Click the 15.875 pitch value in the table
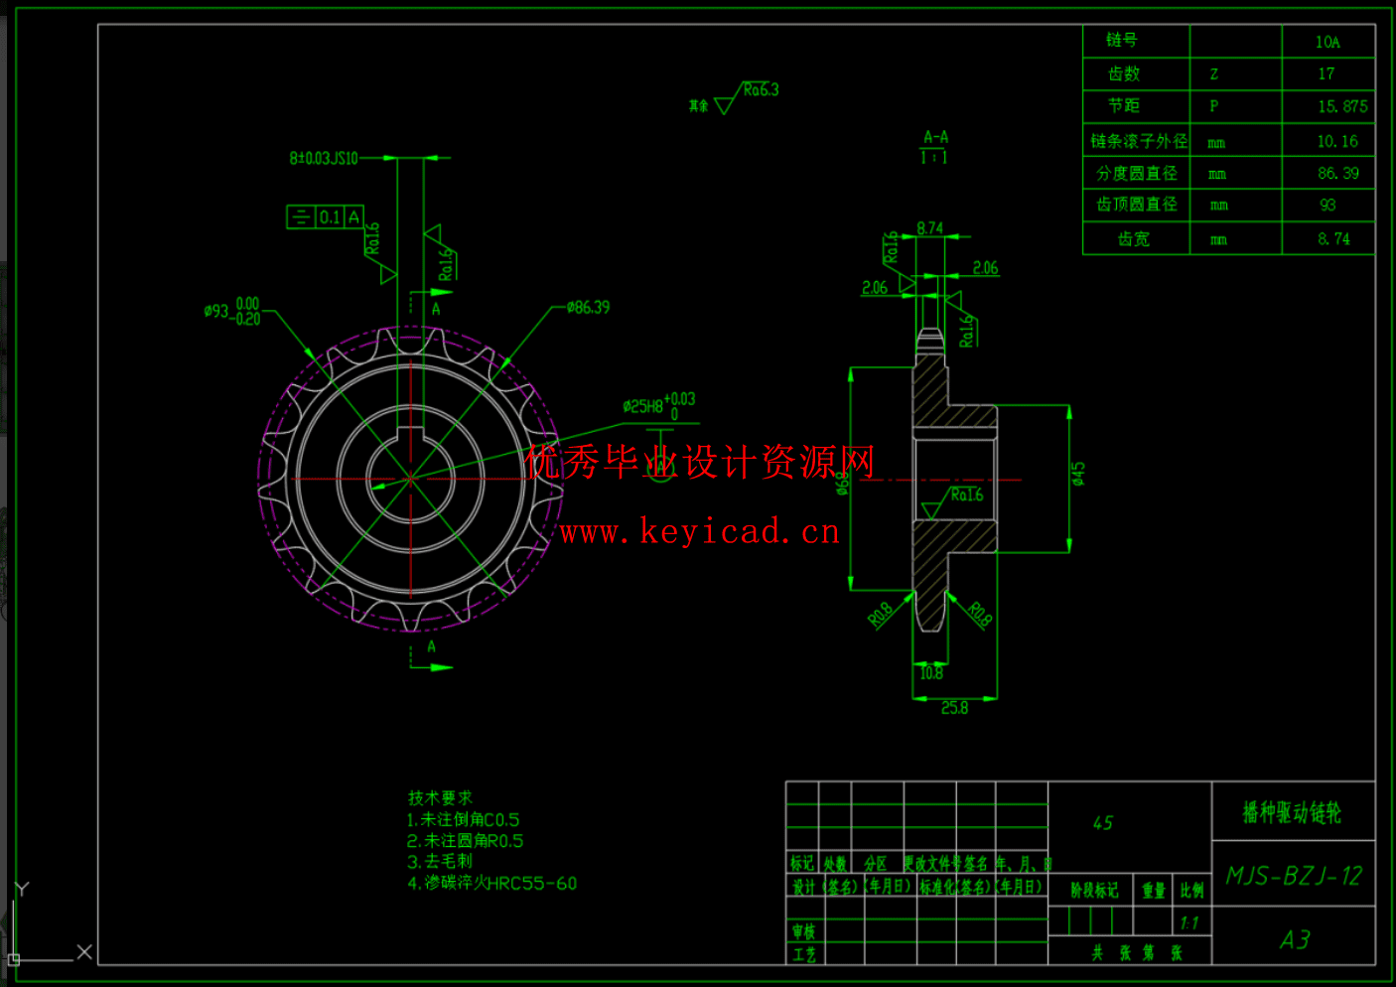click(x=1341, y=106)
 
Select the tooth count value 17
click(x=1326, y=73)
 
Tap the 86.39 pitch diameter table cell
click(x=1337, y=173)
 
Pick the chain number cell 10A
click(x=1327, y=42)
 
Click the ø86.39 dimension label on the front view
click(x=588, y=308)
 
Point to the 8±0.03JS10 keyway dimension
click(x=324, y=158)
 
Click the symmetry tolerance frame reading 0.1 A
click(x=326, y=216)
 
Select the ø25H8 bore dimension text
click(x=658, y=405)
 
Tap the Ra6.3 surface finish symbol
click(x=760, y=90)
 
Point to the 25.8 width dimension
click(x=954, y=708)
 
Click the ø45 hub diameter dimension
click(x=1078, y=474)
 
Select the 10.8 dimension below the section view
click(x=930, y=673)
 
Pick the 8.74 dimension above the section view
click(x=930, y=228)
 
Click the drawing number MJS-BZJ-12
click(x=1294, y=876)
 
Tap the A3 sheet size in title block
click(x=1295, y=939)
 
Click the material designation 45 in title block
click(x=1103, y=823)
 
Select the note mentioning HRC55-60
click(x=491, y=883)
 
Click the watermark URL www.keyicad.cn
click(x=700, y=532)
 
